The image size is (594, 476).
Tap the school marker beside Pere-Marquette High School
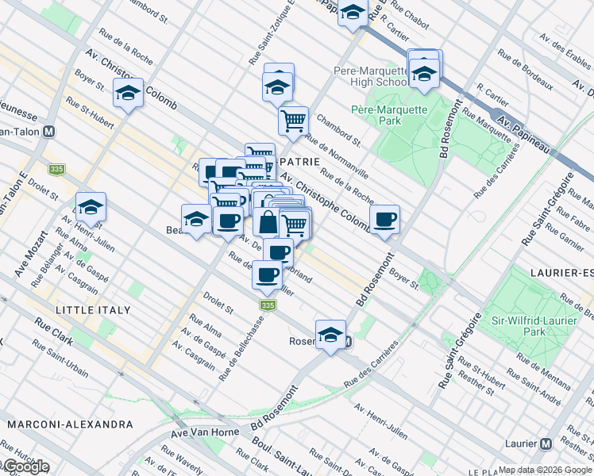point(424,73)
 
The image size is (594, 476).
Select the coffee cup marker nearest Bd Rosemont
point(384,220)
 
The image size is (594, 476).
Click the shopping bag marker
point(268,223)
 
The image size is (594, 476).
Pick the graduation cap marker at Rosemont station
point(330,336)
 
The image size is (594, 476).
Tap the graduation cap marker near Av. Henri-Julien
point(91,208)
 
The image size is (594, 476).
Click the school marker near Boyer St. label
point(128,94)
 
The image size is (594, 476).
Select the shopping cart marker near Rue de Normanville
point(293,121)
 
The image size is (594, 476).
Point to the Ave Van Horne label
point(204,435)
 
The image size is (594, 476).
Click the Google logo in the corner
point(25,467)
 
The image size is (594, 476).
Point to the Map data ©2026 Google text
point(545,470)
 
